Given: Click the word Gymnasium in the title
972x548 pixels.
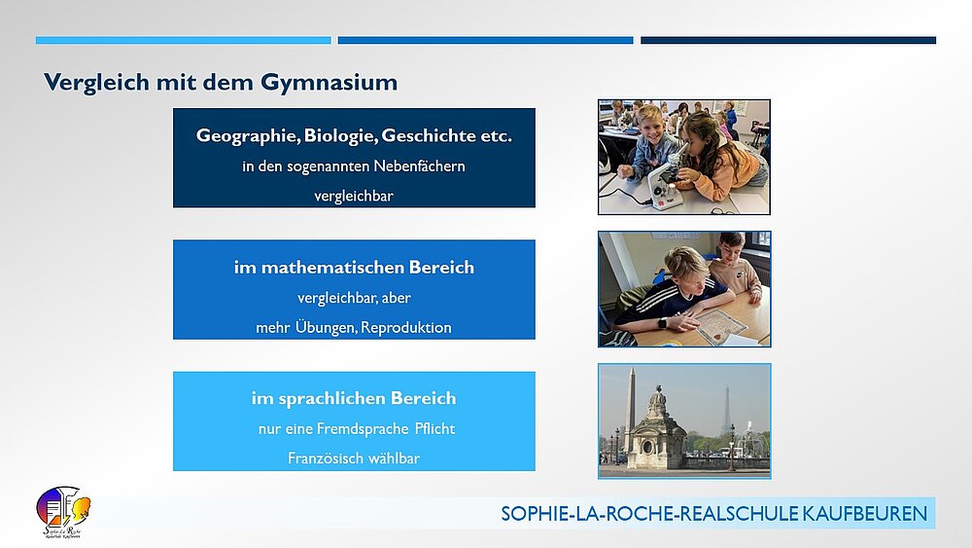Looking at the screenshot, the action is tap(330, 83).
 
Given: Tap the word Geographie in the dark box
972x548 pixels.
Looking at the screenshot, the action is tap(248, 136).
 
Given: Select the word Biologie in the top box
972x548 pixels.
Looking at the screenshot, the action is tap(340, 136).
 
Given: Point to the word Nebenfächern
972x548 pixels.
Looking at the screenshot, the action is tap(419, 166).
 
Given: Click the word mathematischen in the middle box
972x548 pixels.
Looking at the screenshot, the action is tap(332, 268).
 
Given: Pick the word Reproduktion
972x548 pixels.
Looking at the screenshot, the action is tap(406, 328).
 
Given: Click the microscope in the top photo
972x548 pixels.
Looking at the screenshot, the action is tap(662, 183).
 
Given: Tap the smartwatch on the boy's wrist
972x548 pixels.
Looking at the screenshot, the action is tap(662, 323).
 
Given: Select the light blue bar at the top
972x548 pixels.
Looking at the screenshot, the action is tap(183, 40).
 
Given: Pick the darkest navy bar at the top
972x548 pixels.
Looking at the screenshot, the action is tap(788, 40).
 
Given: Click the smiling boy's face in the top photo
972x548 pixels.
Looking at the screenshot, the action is tap(649, 125).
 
